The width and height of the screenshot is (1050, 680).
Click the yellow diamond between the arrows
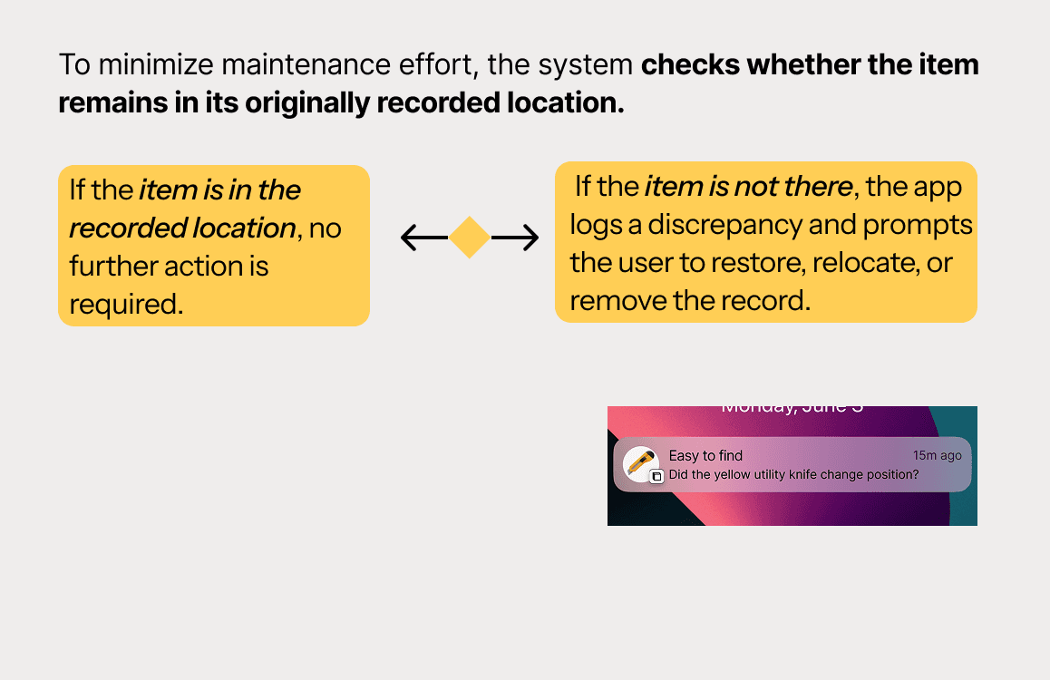[470, 238]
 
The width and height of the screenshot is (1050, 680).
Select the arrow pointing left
[423, 238]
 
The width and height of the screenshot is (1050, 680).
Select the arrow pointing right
[515, 238]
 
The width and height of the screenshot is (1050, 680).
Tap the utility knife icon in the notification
[641, 463]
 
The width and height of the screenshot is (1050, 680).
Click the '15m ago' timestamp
[937, 455]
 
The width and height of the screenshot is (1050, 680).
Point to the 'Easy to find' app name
[705, 455]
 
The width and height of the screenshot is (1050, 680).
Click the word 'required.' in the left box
[126, 304]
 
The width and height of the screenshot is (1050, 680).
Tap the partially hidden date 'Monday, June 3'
[792, 409]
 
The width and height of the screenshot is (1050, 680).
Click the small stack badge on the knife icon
[657, 476]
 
